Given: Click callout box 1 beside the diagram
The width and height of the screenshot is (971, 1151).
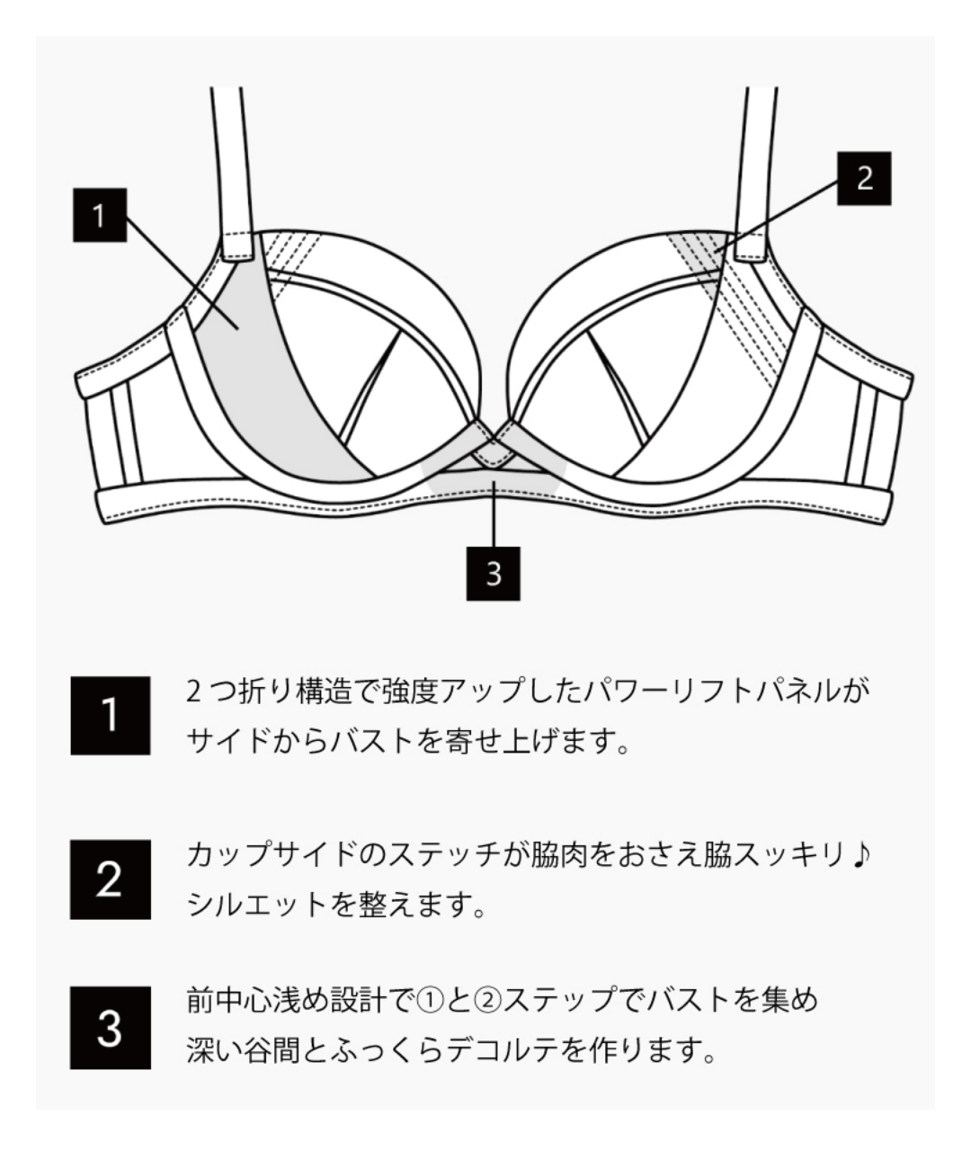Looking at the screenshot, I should (x=100, y=215).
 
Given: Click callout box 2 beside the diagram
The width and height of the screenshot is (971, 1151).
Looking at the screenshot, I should (x=864, y=179).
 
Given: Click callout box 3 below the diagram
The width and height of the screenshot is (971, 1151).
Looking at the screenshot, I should (x=493, y=573).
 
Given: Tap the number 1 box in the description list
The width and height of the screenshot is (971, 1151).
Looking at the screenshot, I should (x=110, y=716).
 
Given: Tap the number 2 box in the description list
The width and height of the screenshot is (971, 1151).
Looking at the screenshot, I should (x=110, y=879).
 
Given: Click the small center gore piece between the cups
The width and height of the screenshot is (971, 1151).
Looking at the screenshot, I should (x=493, y=450).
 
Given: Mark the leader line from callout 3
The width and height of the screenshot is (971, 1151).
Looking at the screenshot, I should (x=493, y=517).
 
